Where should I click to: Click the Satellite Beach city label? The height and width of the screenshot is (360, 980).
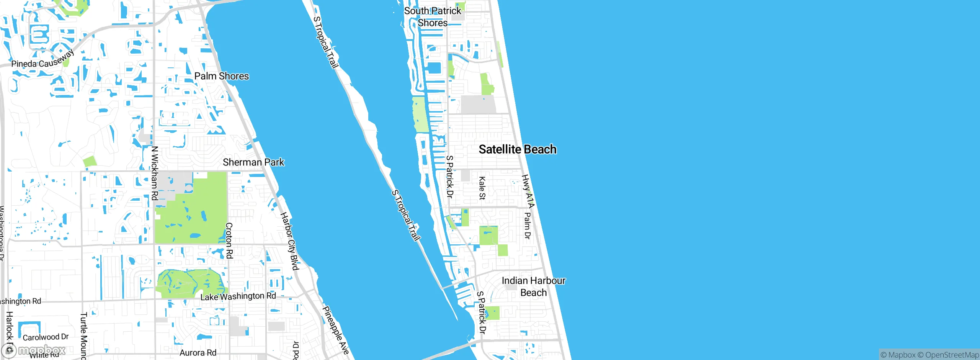point(518,149)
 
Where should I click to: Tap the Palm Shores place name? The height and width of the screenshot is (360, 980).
point(222,76)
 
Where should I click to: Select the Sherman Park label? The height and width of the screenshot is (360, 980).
point(253,162)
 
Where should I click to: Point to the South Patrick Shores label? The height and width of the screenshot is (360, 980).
point(433,17)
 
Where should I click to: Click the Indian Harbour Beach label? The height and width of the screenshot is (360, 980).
point(533,286)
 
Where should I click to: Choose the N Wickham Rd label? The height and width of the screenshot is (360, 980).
point(154,173)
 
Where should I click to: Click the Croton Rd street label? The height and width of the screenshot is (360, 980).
point(229,241)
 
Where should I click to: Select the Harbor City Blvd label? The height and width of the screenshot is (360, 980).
point(289,241)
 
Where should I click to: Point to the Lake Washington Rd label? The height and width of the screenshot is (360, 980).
point(238,296)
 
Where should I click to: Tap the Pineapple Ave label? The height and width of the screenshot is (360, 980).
point(336,330)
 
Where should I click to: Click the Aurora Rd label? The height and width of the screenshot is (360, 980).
point(198,353)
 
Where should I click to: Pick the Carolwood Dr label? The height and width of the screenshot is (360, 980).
point(46,337)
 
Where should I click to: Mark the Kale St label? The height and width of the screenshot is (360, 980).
point(482,188)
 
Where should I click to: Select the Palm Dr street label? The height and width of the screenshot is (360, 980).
point(527,226)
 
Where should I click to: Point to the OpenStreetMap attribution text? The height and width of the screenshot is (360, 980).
point(952,355)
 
